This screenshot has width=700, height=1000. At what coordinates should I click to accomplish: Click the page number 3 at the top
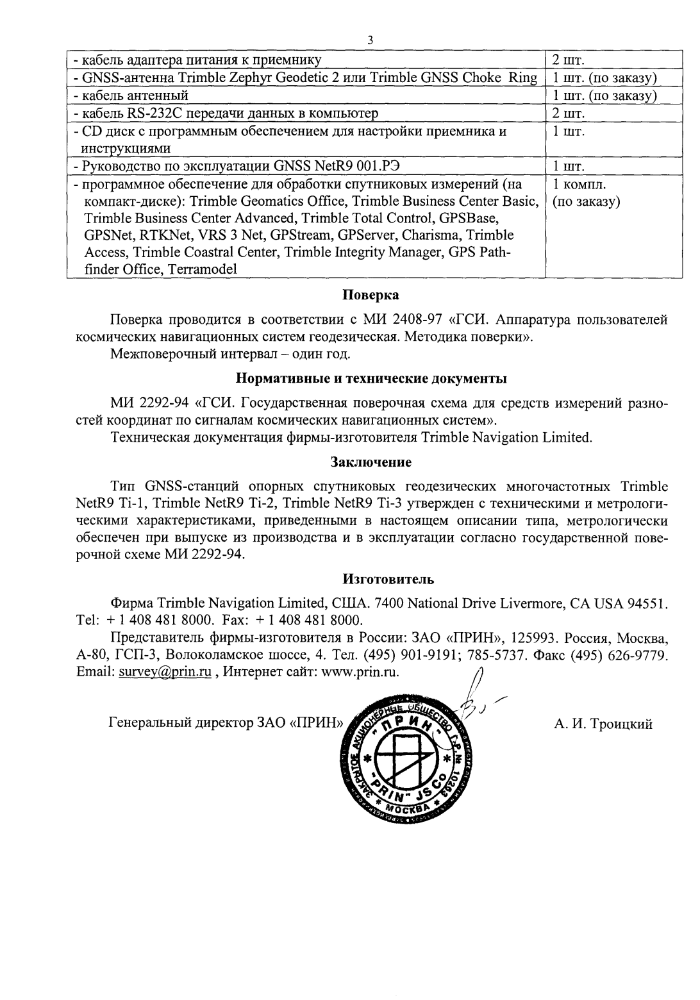(x=371, y=40)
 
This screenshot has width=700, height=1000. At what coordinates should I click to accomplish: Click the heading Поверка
(x=371, y=296)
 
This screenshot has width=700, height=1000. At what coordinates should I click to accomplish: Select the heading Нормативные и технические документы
(x=371, y=378)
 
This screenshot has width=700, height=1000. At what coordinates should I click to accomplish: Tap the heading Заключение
(x=371, y=462)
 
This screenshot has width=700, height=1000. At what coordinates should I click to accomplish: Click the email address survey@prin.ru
(x=165, y=672)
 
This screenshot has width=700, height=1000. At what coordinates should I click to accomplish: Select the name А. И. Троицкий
(x=603, y=724)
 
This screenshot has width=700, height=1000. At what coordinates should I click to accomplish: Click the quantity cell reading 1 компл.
(x=579, y=186)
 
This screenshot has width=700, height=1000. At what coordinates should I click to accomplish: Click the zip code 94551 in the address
(x=649, y=604)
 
